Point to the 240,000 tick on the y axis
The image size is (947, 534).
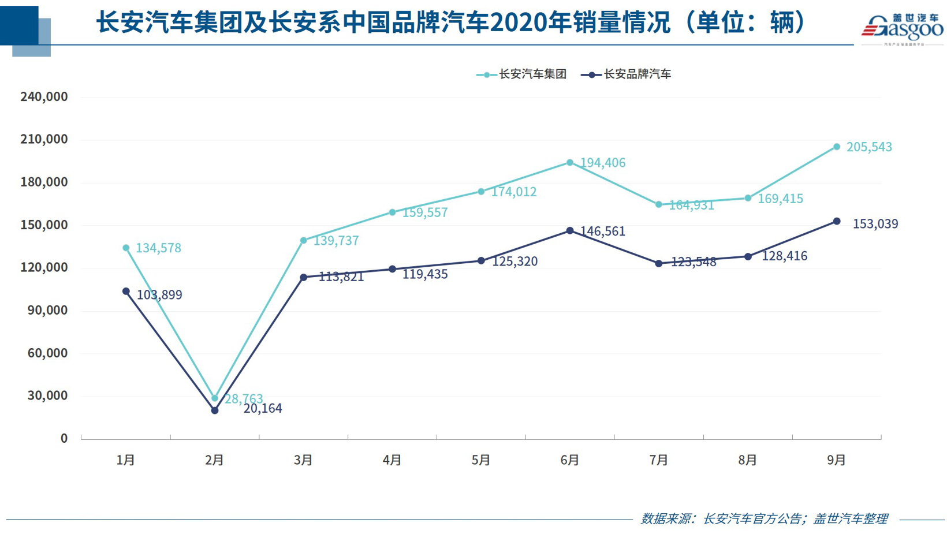(x=44, y=97)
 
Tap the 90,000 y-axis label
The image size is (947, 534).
(x=47, y=311)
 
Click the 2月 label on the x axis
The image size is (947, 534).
(x=214, y=460)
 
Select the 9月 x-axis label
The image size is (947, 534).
(x=836, y=460)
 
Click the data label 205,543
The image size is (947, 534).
(x=869, y=147)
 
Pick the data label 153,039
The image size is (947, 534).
(x=875, y=224)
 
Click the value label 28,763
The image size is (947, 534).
(x=244, y=398)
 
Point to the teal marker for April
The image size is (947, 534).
(x=393, y=212)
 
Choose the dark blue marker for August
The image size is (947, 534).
(x=748, y=256)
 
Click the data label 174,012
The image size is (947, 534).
(x=513, y=192)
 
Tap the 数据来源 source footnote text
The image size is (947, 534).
(x=763, y=518)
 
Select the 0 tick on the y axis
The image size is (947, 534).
(x=64, y=439)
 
